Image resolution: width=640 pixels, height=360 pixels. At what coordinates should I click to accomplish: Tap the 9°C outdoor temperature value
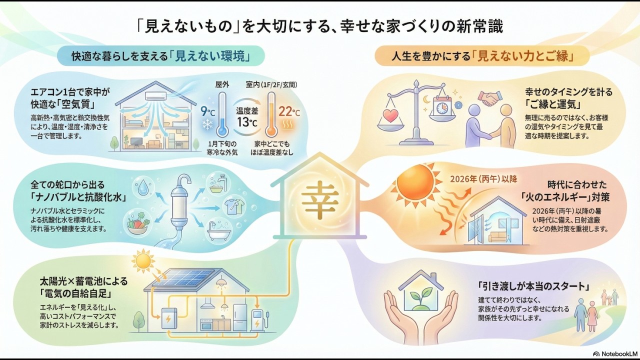pyautogui.click(x=207, y=111)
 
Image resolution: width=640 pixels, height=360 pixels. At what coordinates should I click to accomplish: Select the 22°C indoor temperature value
pyautogui.click(x=289, y=111)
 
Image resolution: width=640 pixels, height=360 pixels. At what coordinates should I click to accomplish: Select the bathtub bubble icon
pyautogui.click(x=218, y=231)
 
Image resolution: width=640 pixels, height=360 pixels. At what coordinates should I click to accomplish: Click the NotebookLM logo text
pyautogui.click(x=615, y=353)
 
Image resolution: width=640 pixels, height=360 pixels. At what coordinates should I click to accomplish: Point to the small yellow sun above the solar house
pyautogui.click(x=144, y=260)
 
